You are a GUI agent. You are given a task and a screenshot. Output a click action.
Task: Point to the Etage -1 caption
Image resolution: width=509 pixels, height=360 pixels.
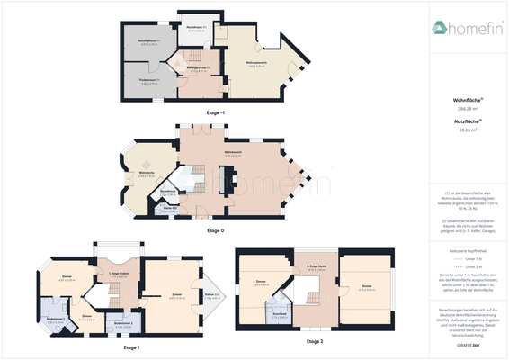(x=216, y=112)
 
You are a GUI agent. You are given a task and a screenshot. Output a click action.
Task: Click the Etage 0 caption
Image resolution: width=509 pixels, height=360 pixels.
(x=216, y=231)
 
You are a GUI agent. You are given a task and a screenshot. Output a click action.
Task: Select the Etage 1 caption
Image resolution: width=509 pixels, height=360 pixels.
(x=130, y=346)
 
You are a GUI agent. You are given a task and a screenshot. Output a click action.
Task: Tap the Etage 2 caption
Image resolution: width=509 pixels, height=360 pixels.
(x=315, y=341)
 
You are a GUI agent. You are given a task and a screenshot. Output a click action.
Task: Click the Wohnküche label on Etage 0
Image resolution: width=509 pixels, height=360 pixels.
(x=146, y=172)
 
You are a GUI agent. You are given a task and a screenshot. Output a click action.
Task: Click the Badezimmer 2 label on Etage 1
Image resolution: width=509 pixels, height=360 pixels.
(x=125, y=322)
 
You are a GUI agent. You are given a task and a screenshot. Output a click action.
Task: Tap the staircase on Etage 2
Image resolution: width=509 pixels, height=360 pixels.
(x=313, y=298)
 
